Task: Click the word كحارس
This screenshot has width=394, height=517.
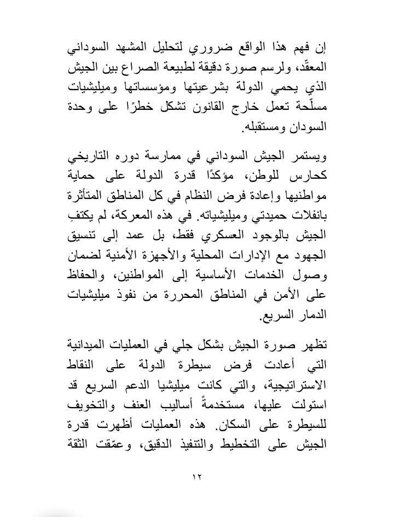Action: point(309,178)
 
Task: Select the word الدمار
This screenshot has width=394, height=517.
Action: point(310,315)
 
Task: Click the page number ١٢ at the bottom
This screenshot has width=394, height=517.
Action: point(198,477)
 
